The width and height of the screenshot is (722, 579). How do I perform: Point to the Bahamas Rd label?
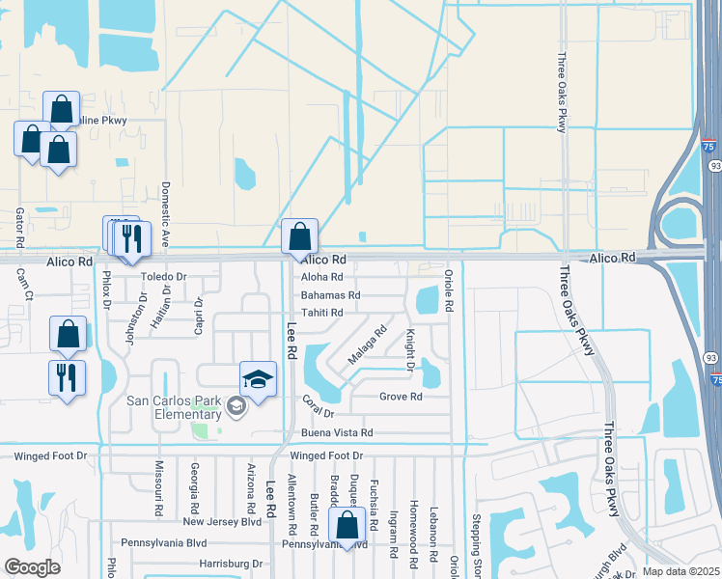point(330,295)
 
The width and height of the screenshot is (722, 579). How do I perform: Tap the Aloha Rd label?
point(322,278)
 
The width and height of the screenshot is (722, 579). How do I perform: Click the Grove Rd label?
point(401,397)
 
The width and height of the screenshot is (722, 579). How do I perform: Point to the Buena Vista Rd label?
point(337,433)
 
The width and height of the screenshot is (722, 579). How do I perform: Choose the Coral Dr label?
point(317,406)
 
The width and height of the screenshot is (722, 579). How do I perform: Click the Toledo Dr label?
point(163,275)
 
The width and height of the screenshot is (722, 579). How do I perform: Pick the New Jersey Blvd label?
point(222,521)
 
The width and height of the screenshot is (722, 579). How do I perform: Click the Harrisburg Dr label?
point(231,563)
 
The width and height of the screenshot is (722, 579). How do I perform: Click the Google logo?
point(32,567)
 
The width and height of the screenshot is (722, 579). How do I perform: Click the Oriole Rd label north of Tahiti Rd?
point(449,289)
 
